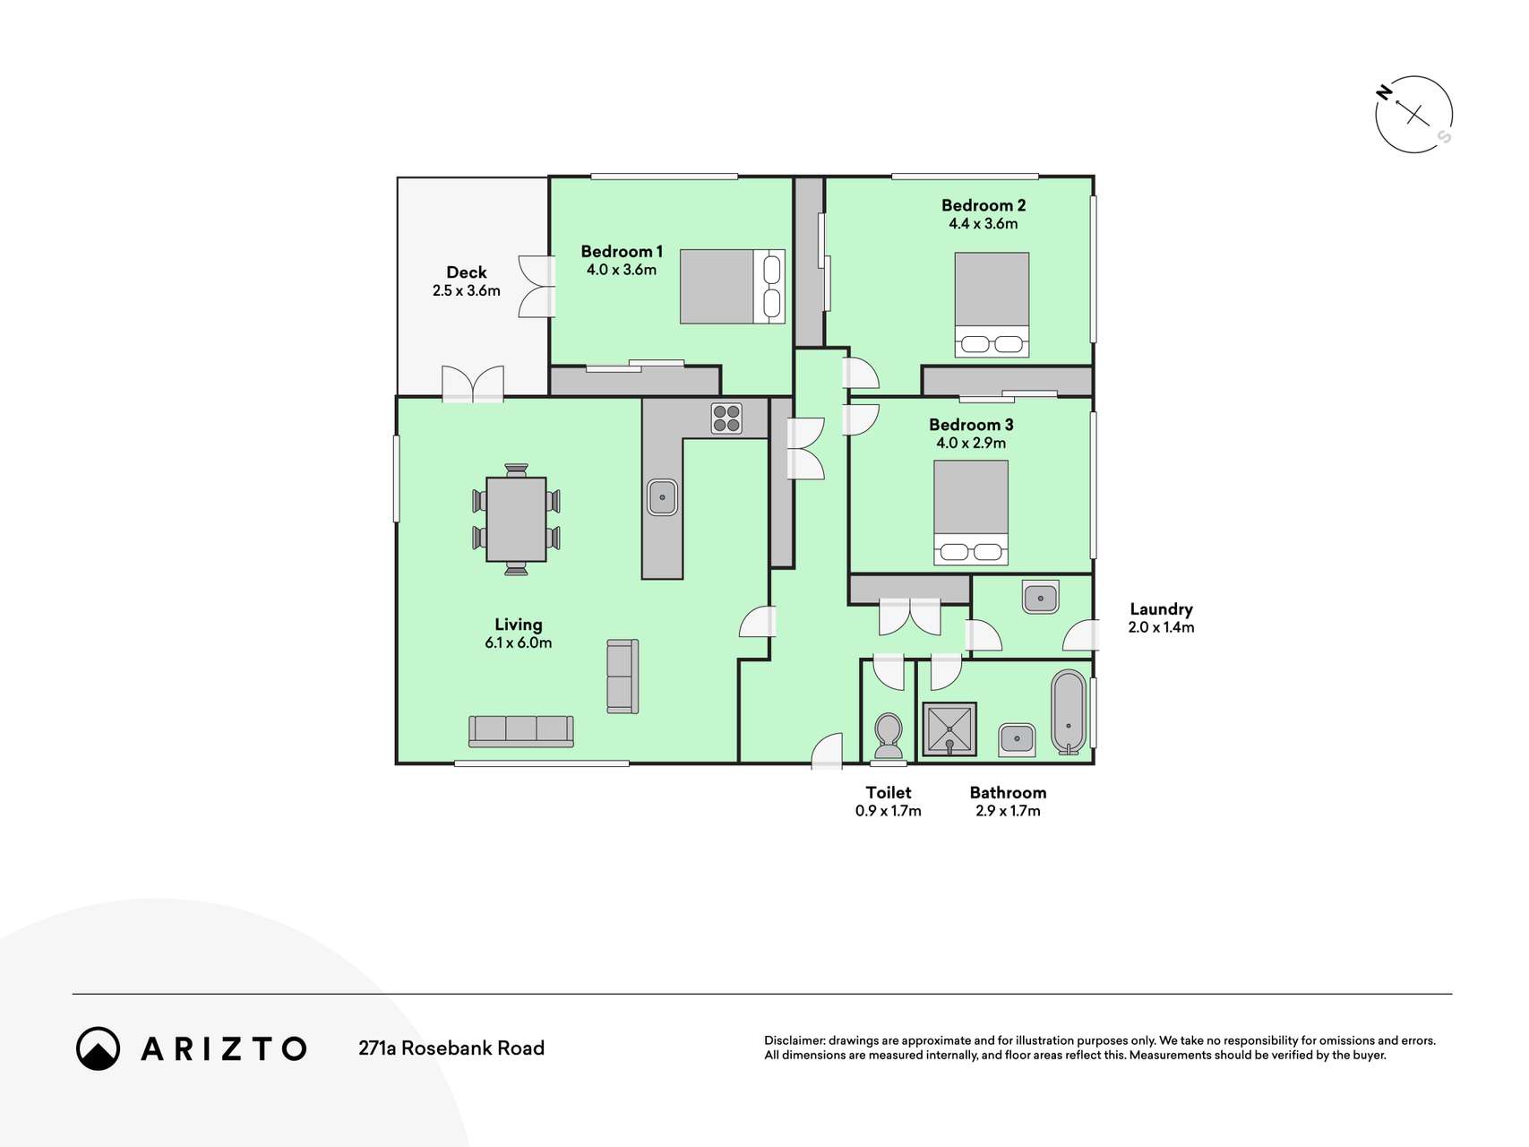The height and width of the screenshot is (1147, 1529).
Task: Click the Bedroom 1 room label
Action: tap(622, 252)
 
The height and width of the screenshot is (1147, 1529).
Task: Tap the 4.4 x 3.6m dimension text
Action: tap(984, 224)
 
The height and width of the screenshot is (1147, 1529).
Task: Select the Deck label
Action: tap(467, 272)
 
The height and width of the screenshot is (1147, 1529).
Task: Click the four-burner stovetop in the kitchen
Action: tap(726, 418)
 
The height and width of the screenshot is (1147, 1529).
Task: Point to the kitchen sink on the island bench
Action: tap(662, 497)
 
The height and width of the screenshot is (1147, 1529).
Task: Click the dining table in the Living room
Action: tap(516, 520)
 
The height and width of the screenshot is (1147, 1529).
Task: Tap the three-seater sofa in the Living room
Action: tap(520, 731)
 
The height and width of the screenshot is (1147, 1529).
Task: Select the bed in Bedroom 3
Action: tap(971, 513)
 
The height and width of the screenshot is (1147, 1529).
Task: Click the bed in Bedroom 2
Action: tap(992, 305)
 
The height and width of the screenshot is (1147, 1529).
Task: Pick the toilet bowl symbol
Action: tap(889, 737)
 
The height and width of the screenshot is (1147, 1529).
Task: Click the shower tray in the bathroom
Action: tap(949, 729)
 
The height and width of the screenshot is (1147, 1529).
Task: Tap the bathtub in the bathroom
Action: tap(1069, 712)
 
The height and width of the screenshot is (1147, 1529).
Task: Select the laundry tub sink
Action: tap(1040, 597)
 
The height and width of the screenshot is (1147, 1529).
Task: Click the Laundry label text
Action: tap(1161, 609)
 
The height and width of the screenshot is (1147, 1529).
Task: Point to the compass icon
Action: tap(1414, 115)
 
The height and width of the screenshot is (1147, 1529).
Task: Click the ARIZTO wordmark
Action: tap(224, 1048)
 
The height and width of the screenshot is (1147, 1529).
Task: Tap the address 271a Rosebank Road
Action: tap(451, 1048)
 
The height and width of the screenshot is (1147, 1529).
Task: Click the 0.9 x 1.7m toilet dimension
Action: tap(889, 811)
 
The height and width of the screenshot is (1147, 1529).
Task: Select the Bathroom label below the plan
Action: tap(1008, 793)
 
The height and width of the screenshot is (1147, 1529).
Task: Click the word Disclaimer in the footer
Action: tap(795, 1040)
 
